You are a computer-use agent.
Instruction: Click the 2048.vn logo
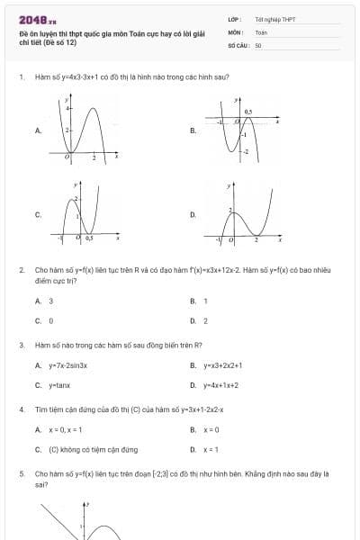click(38, 18)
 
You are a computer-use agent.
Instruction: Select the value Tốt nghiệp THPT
click(274, 19)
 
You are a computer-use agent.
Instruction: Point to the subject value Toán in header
click(261, 31)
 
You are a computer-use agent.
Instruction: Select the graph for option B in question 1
click(237, 130)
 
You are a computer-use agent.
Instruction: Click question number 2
click(21, 269)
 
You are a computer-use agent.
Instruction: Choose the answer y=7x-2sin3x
click(68, 365)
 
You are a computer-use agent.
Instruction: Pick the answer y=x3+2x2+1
click(222, 365)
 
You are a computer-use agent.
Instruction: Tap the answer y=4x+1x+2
click(220, 385)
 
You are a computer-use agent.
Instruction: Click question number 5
click(21, 472)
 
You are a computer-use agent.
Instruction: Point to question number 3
click(21, 345)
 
